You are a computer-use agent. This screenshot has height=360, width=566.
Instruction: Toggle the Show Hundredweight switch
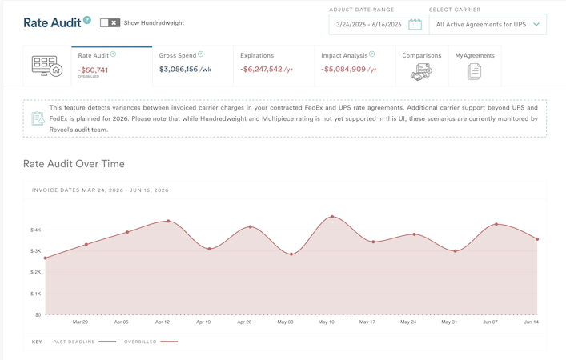click(x=110, y=22)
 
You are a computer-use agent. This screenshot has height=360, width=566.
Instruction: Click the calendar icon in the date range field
click(x=415, y=25)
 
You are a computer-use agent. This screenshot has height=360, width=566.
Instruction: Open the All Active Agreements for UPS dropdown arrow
click(x=536, y=25)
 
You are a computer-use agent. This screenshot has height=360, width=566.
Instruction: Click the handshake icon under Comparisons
click(x=421, y=72)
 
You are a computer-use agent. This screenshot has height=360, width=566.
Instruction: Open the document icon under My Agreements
click(x=474, y=71)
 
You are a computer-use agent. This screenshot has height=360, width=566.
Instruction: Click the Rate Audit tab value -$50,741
click(x=93, y=70)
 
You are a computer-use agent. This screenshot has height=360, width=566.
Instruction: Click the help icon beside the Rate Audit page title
click(x=87, y=20)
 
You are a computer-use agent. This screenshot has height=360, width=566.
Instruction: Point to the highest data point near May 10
click(x=332, y=217)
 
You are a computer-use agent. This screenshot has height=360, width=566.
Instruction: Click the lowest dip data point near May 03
click(x=291, y=254)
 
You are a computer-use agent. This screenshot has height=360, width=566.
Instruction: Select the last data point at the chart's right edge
click(x=537, y=239)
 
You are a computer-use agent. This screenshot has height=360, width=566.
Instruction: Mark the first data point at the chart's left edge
click(x=46, y=258)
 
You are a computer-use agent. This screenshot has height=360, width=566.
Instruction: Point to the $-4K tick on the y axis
click(x=36, y=230)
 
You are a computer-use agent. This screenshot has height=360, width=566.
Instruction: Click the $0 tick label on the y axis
click(x=38, y=315)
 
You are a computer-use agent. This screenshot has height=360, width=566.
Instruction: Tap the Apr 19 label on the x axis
click(x=203, y=322)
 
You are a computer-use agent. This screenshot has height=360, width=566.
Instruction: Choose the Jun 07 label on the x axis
click(x=490, y=322)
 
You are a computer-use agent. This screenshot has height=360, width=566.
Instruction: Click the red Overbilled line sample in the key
click(x=169, y=342)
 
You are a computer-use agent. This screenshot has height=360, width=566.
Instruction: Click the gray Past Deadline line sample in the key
click(x=107, y=342)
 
